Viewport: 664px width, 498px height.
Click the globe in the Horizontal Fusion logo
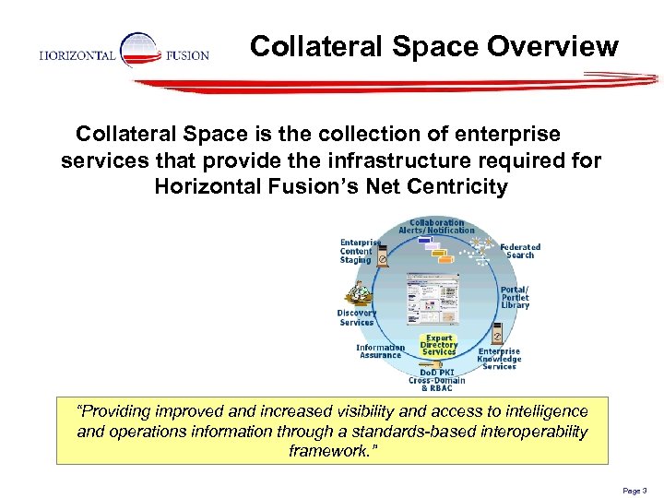pos(140,50)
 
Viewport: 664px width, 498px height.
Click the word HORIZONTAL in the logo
pos(77,55)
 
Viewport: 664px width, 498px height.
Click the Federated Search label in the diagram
pos(520,251)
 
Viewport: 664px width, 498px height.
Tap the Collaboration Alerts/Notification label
pos(437,226)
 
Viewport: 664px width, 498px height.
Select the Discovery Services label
pos(356,317)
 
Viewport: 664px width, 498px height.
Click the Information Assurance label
pos(380,351)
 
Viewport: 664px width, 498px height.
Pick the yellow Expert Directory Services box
pos(439,346)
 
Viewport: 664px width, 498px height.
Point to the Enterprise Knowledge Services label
pos(499,359)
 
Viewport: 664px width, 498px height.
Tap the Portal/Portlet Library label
pos(515,298)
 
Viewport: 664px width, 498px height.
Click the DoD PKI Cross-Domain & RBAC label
pos(437,379)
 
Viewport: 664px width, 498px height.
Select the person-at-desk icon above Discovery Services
pos(358,292)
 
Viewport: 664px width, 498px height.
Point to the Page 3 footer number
pos(634,492)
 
